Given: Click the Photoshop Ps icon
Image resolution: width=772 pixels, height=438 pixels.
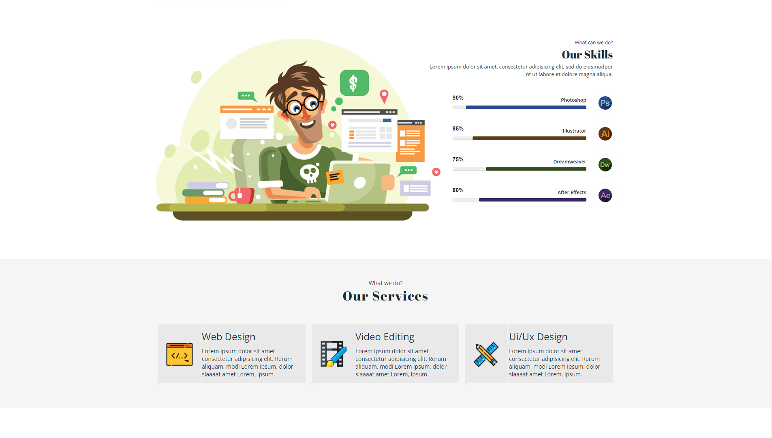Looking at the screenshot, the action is coord(605,103).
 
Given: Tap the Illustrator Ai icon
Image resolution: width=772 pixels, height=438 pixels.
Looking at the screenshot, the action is coord(605,134).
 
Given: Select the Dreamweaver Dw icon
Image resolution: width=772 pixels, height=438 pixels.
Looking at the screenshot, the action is coord(605,165).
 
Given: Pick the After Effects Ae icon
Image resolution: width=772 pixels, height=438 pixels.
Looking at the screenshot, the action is coord(605,195).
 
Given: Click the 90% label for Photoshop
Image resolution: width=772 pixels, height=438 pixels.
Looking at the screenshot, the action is coord(458,98).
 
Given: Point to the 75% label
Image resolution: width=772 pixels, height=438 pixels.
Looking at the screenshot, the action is coord(458,159).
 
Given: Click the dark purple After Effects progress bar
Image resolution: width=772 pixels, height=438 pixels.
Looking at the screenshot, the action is coord(532,200).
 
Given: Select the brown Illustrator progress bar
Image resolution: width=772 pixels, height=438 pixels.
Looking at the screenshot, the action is coord(529,138).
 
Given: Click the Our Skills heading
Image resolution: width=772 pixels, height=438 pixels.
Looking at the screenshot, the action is coord(587,55).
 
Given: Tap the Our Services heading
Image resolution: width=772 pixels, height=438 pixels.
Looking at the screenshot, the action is coord(385,296).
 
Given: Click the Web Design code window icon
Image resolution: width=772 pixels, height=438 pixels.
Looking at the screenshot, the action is coord(179,354).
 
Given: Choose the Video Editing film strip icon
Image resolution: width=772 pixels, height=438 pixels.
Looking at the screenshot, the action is coord(334,354).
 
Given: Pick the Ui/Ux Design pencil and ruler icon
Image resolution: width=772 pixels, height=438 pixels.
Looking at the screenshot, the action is coord(486,354).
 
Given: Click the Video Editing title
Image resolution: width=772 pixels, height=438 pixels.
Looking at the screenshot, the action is coord(385,337).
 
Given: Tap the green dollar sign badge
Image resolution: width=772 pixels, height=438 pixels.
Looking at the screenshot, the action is coord(354,83).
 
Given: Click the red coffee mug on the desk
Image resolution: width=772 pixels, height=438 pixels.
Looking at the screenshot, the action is coord(242,195).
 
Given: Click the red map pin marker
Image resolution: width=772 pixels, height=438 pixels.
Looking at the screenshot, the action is coord(384,96).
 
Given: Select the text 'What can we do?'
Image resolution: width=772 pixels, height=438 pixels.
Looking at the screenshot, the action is coord(593,43).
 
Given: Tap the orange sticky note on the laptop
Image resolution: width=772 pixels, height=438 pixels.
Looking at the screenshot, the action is coord(335,177).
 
